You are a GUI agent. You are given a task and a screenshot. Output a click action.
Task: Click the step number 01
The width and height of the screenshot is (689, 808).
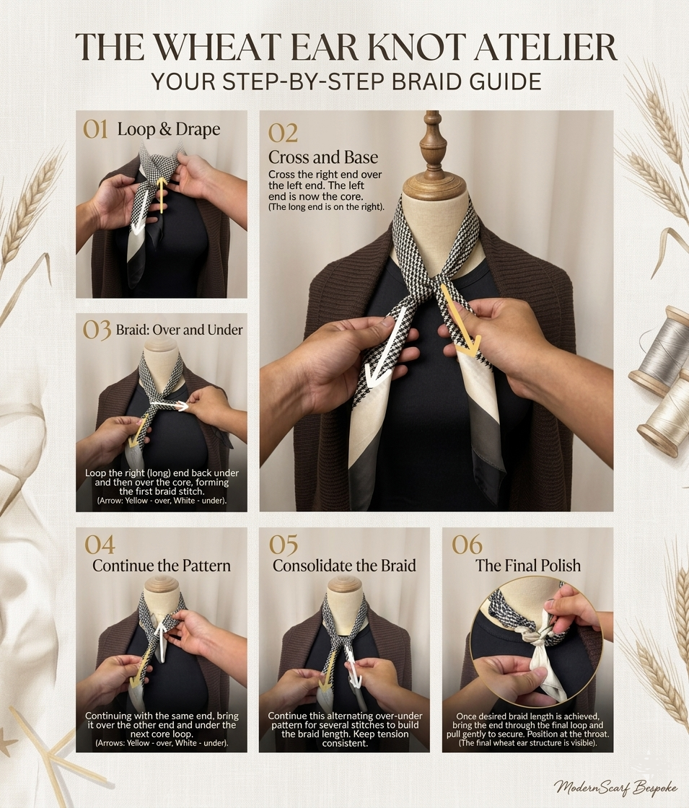(95, 129)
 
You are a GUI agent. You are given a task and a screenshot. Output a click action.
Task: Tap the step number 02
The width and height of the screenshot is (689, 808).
(283, 133)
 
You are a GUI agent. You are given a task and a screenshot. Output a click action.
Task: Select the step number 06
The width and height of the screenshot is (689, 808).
(466, 545)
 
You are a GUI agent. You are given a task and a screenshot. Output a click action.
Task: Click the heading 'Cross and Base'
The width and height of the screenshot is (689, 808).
(322, 157)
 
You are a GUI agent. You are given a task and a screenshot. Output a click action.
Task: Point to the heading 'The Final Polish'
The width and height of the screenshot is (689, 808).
(527, 565)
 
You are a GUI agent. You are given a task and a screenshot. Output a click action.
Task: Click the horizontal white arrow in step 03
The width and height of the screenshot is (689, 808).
(172, 406)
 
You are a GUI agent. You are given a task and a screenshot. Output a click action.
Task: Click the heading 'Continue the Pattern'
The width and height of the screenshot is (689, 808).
(162, 565)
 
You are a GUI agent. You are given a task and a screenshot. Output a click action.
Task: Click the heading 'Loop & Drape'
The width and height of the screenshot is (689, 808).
(168, 130)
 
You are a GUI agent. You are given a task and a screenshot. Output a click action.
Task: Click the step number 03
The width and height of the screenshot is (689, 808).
(96, 330)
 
